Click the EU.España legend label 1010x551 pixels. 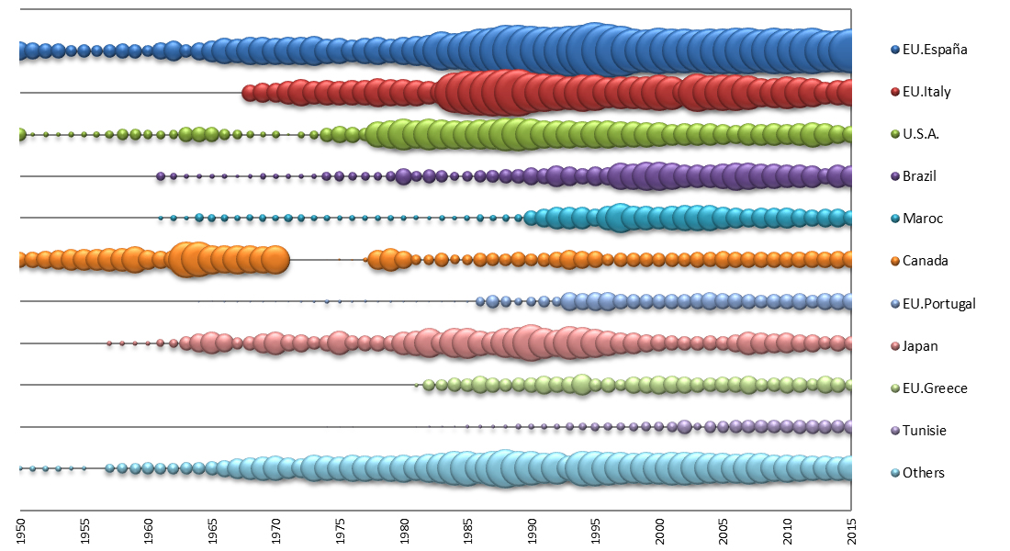[x=935, y=50]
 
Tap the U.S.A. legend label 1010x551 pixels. [x=921, y=134]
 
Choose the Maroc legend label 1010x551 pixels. [x=923, y=219]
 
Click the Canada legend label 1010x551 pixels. [x=926, y=261]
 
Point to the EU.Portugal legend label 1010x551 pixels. [x=938, y=303]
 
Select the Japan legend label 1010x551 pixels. [x=920, y=346]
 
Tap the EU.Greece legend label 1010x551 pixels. [x=935, y=388]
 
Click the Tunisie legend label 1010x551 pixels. [x=925, y=431]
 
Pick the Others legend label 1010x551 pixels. [x=923, y=473]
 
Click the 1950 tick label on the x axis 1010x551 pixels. [x=20, y=531]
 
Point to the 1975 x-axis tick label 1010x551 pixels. [x=340, y=531]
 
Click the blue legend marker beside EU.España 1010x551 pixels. [x=893, y=50]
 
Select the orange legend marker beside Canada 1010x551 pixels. [x=893, y=261]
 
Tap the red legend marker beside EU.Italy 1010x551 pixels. [x=893, y=92]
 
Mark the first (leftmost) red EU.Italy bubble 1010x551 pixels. [x=248, y=92]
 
